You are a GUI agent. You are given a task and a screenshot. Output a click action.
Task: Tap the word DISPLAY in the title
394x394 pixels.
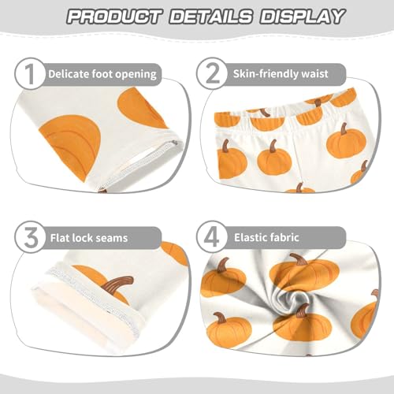pyautogui.click(x=302, y=17)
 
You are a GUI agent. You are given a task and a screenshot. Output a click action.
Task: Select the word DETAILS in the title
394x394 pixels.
pyautogui.click(x=214, y=17)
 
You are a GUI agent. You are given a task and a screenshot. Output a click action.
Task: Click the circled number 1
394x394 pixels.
pyautogui.click(x=30, y=74)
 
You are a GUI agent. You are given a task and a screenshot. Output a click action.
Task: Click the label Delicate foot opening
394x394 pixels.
pyautogui.click(x=102, y=75)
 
